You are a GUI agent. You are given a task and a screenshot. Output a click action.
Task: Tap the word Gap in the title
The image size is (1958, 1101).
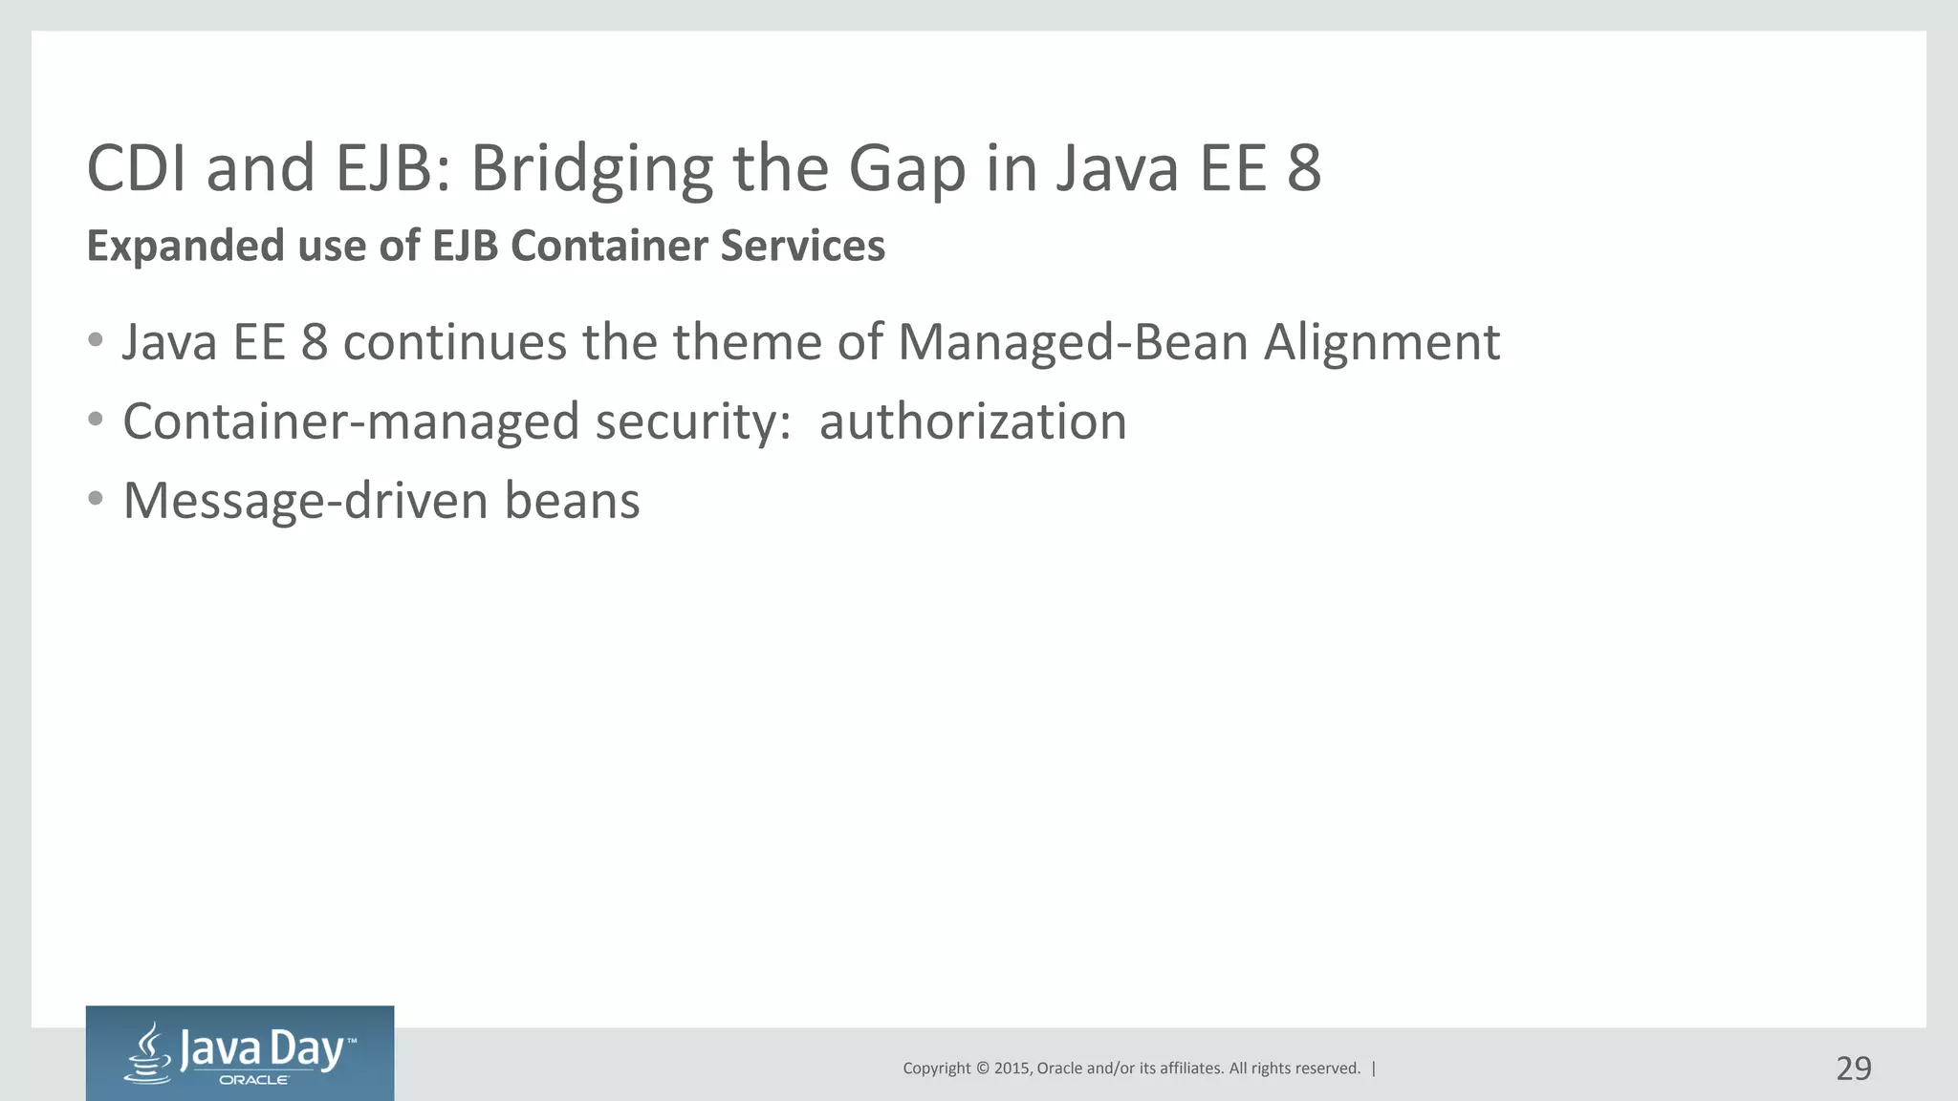tap(906, 169)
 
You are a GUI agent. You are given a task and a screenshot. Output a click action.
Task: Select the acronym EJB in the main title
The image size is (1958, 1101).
tap(391, 169)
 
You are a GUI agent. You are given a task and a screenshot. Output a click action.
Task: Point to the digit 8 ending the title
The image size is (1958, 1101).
tap(1303, 169)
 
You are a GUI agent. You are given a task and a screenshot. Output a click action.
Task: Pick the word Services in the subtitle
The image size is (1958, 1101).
tap(802, 247)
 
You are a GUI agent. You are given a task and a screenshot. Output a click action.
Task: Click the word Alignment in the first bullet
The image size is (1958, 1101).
tap(1381, 343)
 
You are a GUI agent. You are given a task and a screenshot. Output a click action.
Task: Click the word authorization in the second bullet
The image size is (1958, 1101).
tap(972, 421)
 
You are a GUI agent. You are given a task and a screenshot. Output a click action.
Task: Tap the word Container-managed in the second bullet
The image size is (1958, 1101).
tap(351, 421)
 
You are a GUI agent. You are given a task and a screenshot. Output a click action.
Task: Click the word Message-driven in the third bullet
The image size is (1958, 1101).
tap(306, 501)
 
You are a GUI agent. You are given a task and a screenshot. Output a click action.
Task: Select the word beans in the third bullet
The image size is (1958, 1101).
tap(572, 501)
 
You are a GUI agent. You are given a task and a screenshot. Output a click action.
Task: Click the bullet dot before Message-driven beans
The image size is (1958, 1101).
tap(95, 498)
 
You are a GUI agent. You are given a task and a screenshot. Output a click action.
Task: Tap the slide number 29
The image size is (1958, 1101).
tap(1853, 1069)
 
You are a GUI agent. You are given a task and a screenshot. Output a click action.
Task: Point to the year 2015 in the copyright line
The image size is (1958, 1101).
tap(1012, 1069)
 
